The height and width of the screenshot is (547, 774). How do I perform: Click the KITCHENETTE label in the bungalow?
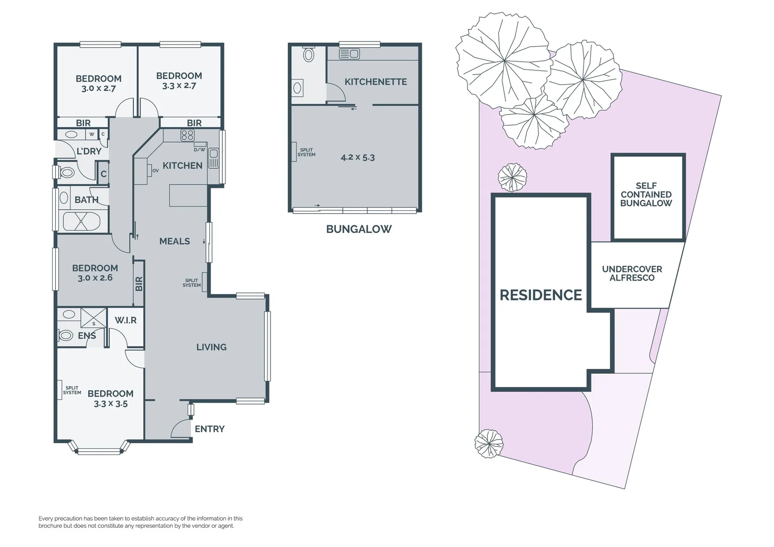tap(375, 82)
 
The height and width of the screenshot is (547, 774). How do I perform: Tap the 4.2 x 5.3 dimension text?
tap(358, 158)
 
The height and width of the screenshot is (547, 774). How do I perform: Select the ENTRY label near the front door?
tap(209, 429)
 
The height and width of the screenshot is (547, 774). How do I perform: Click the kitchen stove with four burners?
tap(187, 135)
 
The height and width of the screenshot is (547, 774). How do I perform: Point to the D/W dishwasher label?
tap(200, 149)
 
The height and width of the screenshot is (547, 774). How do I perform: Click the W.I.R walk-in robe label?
tap(125, 320)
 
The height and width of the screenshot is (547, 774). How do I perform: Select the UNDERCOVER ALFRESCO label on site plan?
tap(632, 273)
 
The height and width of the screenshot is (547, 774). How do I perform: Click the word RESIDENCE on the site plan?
tap(540, 295)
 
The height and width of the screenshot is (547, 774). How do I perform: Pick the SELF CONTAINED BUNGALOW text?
tap(646, 194)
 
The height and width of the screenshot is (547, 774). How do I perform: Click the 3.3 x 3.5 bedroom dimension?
tap(110, 404)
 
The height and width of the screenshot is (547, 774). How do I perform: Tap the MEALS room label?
tap(174, 242)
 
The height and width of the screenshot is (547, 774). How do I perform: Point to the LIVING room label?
tap(211, 347)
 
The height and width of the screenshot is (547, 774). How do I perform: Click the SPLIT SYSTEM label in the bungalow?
tap(306, 152)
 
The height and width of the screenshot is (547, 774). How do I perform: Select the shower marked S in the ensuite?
tap(94, 319)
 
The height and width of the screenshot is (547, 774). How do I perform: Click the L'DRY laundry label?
tap(89, 151)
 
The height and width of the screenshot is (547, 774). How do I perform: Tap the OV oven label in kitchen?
tap(156, 171)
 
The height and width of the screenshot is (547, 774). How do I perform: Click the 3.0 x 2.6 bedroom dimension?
tap(95, 278)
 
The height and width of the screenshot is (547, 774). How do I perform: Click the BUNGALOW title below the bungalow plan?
tap(359, 229)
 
